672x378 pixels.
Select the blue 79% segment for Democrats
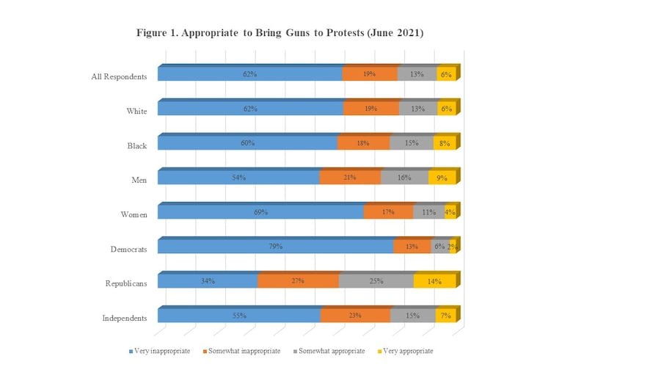(x=275, y=247)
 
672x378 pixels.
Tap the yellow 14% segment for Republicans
(x=435, y=281)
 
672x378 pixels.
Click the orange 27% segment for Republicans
(x=298, y=281)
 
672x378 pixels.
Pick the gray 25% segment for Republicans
(x=376, y=281)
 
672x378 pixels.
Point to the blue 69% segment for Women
(x=260, y=212)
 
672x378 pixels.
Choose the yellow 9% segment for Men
(x=442, y=178)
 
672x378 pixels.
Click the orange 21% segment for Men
(x=350, y=178)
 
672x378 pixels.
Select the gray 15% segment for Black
(x=412, y=143)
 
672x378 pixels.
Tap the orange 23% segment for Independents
(x=355, y=316)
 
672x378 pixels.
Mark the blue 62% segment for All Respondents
(x=249, y=74)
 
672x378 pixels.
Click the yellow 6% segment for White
(x=447, y=109)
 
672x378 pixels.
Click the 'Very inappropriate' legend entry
(x=159, y=351)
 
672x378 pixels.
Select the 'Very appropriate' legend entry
(x=404, y=351)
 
